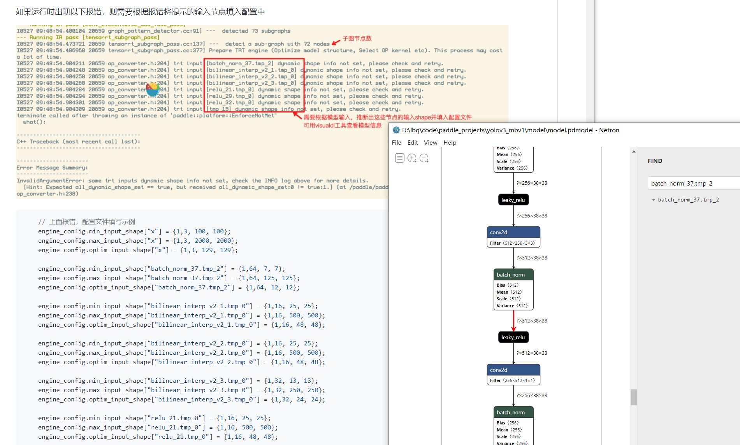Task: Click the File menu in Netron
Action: (396, 143)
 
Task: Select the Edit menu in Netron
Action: (413, 143)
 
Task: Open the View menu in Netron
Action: (430, 143)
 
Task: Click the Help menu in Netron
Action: (450, 143)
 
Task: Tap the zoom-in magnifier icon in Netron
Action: (412, 158)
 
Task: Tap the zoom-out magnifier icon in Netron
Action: (424, 158)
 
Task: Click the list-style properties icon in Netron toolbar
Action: (399, 158)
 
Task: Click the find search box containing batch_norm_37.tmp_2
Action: (693, 184)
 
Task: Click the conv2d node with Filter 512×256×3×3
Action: (513, 237)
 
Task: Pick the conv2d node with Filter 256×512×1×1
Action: (513, 374)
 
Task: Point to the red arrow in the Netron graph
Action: (513, 321)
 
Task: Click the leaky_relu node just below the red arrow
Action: (513, 337)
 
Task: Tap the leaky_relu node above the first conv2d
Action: (513, 200)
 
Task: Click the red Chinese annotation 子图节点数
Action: (357, 39)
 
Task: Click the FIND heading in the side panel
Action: (655, 161)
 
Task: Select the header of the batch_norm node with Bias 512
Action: (513, 275)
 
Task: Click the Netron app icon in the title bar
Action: (396, 130)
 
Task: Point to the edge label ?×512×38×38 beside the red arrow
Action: (532, 321)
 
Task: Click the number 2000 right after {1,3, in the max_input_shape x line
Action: (202, 241)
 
